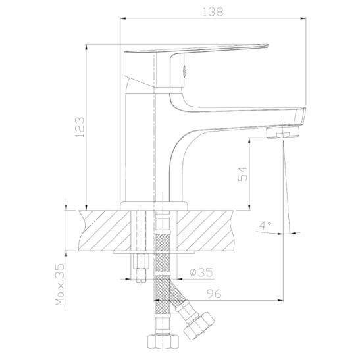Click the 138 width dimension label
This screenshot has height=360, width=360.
click(x=213, y=12)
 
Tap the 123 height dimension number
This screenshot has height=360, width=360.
click(x=80, y=127)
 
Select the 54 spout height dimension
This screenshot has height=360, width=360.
click(x=243, y=174)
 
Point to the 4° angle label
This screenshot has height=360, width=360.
click(x=265, y=225)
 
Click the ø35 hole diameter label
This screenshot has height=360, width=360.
click(x=201, y=272)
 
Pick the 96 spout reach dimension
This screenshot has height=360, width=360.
click(x=214, y=294)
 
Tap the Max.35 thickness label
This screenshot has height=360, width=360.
click(x=60, y=284)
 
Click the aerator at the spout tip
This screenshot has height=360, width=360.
click(x=283, y=133)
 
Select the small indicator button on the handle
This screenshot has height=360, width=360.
click(x=184, y=70)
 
